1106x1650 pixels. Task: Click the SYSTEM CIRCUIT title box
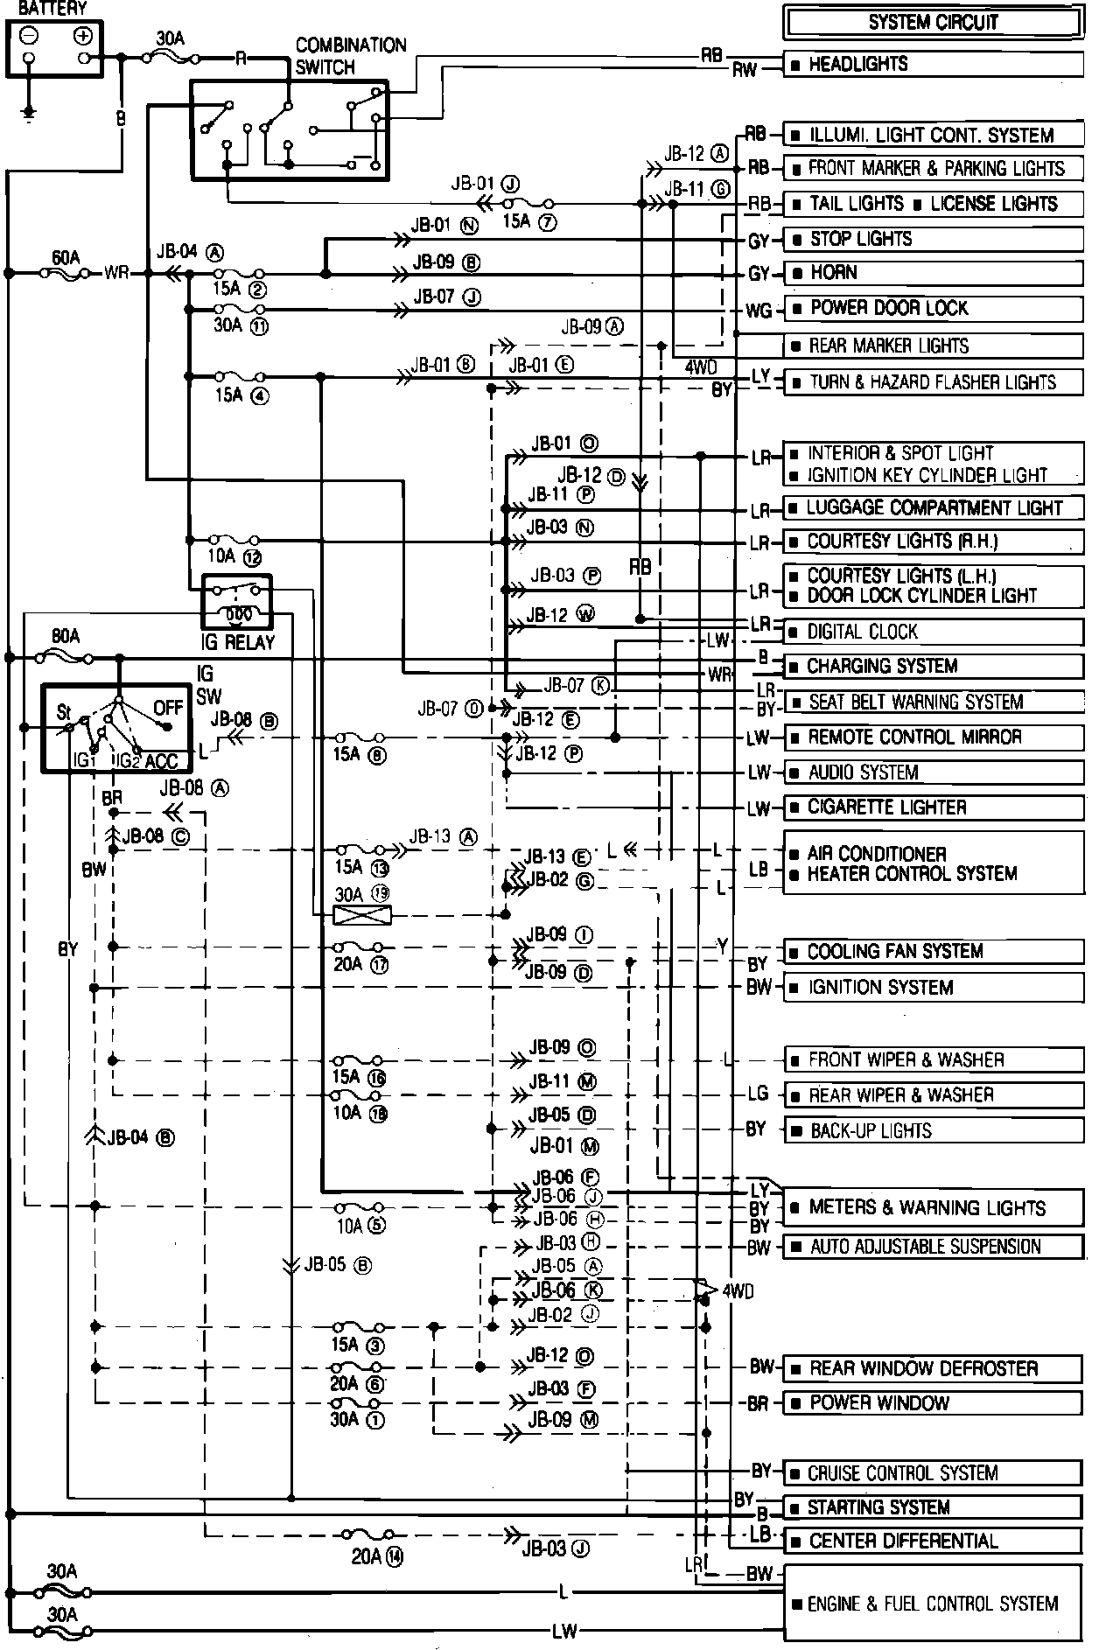[x=933, y=23]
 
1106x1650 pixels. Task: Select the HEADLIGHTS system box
[x=933, y=64]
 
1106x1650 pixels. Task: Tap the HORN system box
[x=933, y=273]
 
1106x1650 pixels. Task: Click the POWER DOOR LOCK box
[x=933, y=308]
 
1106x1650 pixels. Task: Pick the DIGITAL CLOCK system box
[x=933, y=632]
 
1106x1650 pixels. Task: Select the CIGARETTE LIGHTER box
[x=933, y=808]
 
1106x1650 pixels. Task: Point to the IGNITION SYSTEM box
[x=933, y=988]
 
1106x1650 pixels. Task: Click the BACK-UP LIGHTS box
[x=933, y=1130]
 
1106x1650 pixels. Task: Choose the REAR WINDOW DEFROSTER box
[x=933, y=1368]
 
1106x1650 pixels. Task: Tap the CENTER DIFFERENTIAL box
[x=933, y=1541]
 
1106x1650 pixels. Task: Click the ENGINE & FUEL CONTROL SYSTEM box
[x=933, y=1603]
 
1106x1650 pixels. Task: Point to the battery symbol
[x=56, y=49]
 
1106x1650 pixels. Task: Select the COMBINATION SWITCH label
[x=350, y=55]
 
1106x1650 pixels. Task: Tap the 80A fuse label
[x=66, y=636]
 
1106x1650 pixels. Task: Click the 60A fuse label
[x=66, y=257]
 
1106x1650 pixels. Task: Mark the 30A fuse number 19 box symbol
[x=363, y=915]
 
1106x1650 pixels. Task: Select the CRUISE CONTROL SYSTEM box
[x=933, y=1472]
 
